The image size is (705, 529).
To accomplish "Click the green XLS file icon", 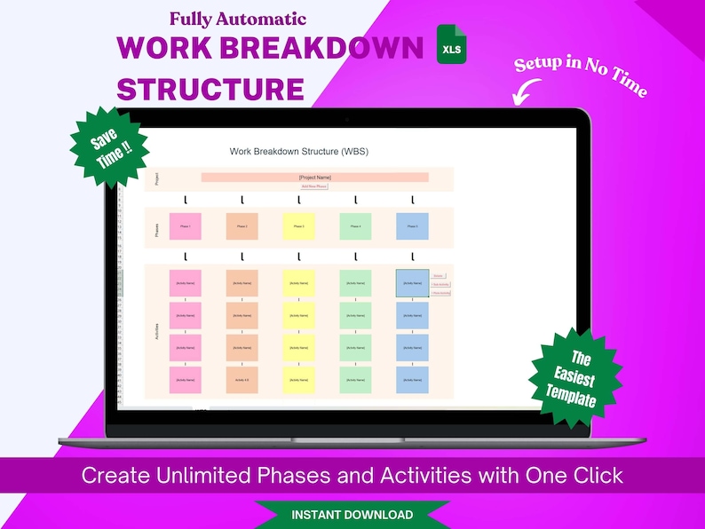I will pyautogui.click(x=451, y=46).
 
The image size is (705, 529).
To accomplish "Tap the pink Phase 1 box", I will pyautogui.click(x=186, y=226).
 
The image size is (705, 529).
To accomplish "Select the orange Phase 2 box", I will pyautogui.click(x=242, y=226).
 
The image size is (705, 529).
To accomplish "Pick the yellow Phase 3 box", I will pyautogui.click(x=299, y=226).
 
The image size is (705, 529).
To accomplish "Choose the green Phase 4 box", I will pyautogui.click(x=355, y=226).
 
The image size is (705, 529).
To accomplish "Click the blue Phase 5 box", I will pyautogui.click(x=412, y=226).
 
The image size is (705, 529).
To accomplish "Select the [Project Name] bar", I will pyautogui.click(x=314, y=178).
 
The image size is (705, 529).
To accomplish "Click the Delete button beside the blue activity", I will pyautogui.click(x=440, y=276).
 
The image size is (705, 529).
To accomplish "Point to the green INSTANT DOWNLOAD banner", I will pyautogui.click(x=352, y=515).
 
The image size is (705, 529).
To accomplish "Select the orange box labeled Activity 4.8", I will pyautogui.click(x=242, y=379).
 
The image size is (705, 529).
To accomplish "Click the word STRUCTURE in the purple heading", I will pyautogui.click(x=210, y=89).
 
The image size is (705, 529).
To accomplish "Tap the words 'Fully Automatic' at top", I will pyautogui.click(x=238, y=19).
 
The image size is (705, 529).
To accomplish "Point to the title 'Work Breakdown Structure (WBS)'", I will pyautogui.click(x=298, y=152).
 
